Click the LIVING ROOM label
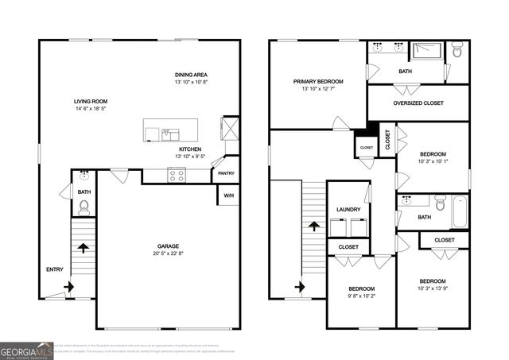click(x=91, y=102)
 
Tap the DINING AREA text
click(x=191, y=75)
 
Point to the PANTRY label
click(x=227, y=173)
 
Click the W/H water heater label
click(x=228, y=195)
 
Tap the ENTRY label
click(x=55, y=269)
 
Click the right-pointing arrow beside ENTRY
click(x=68, y=285)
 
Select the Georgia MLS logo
click(x=27, y=350)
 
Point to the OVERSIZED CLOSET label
click(x=418, y=103)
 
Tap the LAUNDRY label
click(x=348, y=210)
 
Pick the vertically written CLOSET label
click(x=388, y=140)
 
